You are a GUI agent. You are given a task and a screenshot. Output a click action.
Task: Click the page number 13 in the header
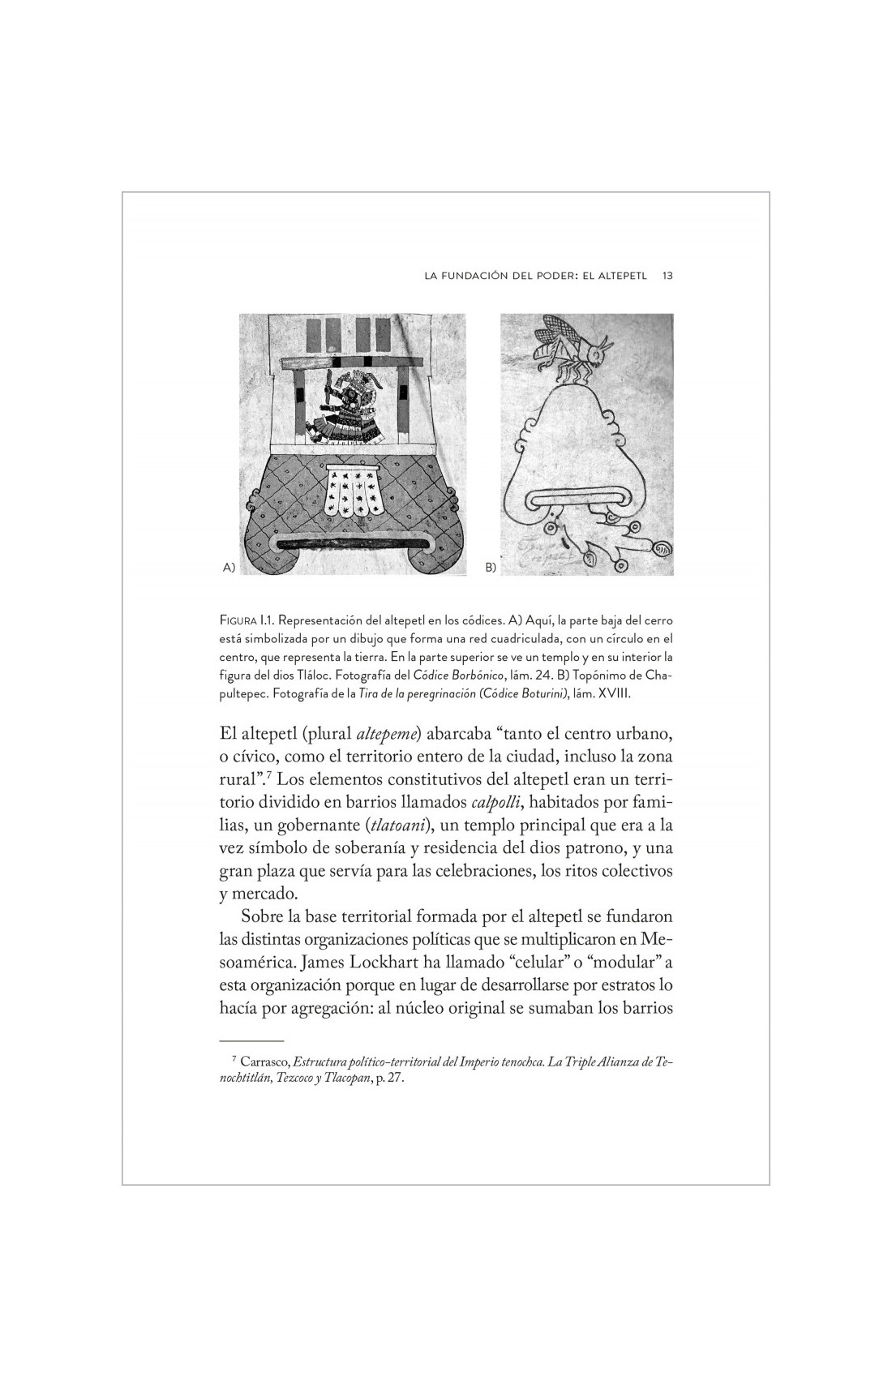pyautogui.click(x=667, y=276)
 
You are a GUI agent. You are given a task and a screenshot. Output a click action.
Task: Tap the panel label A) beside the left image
pyautogui.click(x=228, y=568)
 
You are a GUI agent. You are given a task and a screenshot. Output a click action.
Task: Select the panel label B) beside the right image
pyautogui.click(x=490, y=568)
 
